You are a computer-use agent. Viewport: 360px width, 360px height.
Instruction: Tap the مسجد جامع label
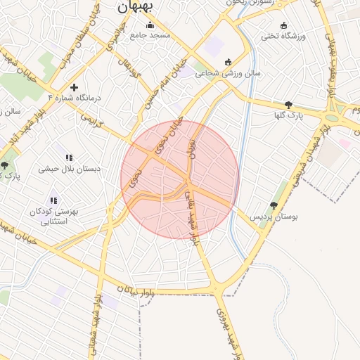click(x=148, y=36)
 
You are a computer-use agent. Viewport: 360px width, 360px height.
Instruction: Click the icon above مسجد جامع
click(x=148, y=25)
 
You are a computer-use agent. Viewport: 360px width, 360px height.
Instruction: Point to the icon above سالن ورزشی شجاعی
click(x=226, y=63)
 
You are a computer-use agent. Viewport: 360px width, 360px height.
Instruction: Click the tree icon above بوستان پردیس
click(x=274, y=205)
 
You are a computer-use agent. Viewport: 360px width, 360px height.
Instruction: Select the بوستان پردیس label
click(x=275, y=217)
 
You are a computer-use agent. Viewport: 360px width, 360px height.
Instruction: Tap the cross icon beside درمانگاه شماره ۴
click(x=75, y=87)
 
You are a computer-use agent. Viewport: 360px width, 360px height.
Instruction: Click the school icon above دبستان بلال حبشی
click(x=69, y=157)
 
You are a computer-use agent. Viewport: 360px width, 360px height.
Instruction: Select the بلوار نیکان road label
click(x=134, y=289)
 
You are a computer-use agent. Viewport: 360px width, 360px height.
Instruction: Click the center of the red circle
click(x=180, y=180)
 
